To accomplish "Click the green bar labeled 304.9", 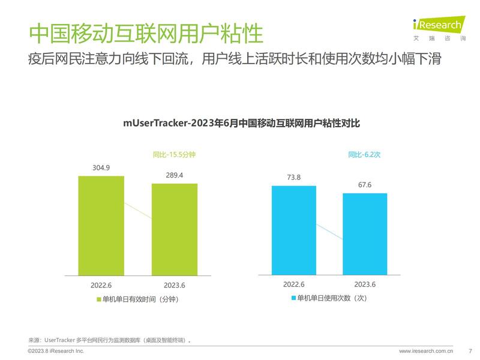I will pos(101,225).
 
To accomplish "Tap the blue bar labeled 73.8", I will pos(293,230).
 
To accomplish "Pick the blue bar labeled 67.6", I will pos(365,234).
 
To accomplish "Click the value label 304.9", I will pos(101,167).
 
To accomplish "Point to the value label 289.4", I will pos(174,175).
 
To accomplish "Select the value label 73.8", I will pos(293,177).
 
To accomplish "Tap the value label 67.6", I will pos(365,185).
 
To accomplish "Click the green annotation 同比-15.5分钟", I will pos(174,155).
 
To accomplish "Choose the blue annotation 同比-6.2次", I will pos(365,155).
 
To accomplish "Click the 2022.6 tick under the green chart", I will pos(101,284).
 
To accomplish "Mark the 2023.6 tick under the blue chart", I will pos(365,284).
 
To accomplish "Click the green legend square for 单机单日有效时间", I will pos(98,299).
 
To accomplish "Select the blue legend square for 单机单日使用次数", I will pos(293,298).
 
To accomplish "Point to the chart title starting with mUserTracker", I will pos(241,124).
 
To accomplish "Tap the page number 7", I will pos(470,350).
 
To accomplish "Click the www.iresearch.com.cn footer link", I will pos(426,350).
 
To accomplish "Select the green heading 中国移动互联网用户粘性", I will pos(146,33).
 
